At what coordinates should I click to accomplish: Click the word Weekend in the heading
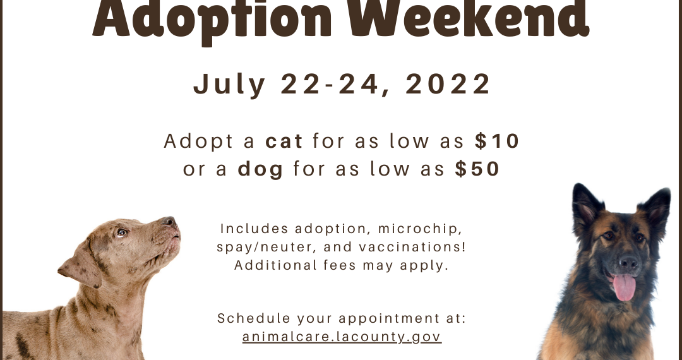click(x=475, y=19)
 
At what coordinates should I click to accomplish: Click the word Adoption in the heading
click(x=212, y=20)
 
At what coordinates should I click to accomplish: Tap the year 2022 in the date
click(x=448, y=84)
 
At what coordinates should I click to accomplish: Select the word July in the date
click(x=229, y=85)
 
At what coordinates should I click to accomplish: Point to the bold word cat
click(x=284, y=141)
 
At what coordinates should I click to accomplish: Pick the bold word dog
click(x=261, y=169)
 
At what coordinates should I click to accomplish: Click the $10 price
click(x=497, y=141)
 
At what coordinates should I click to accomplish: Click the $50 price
click(x=477, y=169)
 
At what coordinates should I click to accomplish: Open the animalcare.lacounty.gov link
click(x=342, y=337)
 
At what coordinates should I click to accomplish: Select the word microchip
click(x=420, y=229)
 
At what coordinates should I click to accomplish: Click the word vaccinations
click(x=412, y=247)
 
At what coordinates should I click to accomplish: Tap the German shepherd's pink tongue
click(x=624, y=287)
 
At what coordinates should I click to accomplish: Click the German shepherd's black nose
click(x=628, y=262)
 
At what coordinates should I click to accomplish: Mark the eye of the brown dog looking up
click(x=121, y=233)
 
